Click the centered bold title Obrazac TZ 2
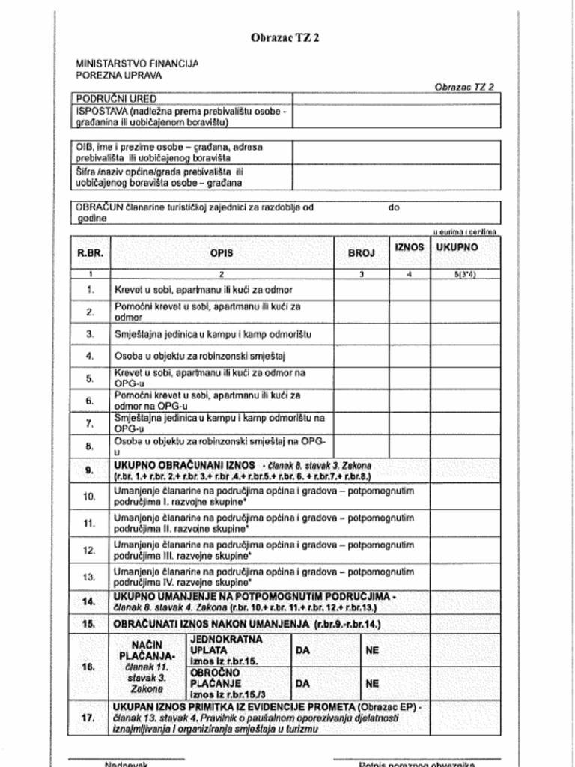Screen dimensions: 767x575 (285, 38)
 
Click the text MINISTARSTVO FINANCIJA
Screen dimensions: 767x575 (137, 64)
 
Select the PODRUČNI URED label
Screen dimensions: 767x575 (116, 98)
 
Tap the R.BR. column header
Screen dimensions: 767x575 (90, 253)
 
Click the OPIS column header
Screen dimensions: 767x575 (222, 253)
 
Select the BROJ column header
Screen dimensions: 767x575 (361, 253)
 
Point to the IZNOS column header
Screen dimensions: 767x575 (409, 247)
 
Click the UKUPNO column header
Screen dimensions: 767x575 (457, 247)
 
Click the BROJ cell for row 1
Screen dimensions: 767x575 (361, 289)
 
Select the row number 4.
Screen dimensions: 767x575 (90, 356)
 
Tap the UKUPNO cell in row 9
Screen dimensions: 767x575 (464, 470)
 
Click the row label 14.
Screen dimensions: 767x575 (89, 601)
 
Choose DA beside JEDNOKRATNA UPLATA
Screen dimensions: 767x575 (302, 651)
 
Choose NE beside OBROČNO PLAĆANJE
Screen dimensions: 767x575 (372, 683)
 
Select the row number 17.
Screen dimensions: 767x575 (89, 718)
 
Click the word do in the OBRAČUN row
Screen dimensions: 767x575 (394, 207)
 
